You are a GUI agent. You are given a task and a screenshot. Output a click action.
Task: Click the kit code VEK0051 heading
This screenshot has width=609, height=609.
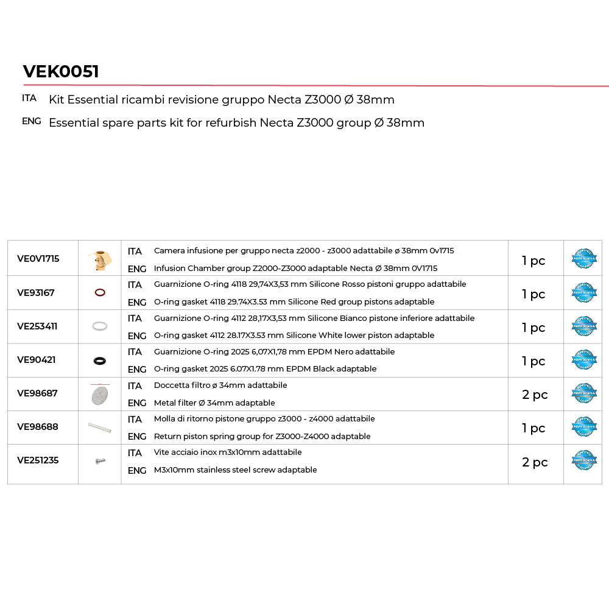point(61,72)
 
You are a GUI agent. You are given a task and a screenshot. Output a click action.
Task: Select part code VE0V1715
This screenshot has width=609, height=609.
point(38,259)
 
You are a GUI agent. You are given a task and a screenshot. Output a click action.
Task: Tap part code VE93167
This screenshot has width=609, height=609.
point(36,293)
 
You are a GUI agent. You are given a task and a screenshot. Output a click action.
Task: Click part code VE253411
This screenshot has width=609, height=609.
point(37,326)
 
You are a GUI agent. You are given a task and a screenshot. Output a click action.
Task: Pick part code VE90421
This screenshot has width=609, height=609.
point(37,360)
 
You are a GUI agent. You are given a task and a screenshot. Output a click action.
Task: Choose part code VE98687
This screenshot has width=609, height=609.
point(37,393)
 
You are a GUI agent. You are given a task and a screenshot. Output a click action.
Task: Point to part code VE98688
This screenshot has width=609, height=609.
point(38,427)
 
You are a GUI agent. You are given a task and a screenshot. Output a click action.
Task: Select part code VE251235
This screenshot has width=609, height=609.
point(38,460)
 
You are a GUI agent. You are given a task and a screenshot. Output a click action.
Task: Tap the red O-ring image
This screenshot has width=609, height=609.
point(100,293)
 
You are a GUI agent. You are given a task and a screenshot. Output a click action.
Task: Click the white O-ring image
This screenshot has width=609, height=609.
point(100,326)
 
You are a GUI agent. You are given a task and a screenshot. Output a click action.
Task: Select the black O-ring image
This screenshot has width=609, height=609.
point(100,361)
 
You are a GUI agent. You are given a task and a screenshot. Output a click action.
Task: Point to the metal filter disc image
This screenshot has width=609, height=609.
point(99,395)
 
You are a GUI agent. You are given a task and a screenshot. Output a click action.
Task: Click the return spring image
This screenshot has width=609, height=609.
point(99,428)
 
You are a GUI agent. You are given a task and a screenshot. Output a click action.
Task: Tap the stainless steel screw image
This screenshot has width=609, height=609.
point(100,462)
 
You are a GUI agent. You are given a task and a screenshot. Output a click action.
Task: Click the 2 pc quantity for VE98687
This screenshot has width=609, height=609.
point(535,395)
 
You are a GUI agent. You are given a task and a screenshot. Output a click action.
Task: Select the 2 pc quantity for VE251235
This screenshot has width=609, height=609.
point(535,462)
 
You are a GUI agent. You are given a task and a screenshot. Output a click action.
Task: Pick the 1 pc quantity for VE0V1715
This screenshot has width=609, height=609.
point(533,261)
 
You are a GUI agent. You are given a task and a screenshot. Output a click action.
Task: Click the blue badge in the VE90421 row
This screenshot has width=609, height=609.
point(584,360)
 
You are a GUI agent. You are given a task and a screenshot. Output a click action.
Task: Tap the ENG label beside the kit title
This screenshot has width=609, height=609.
point(32,121)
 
